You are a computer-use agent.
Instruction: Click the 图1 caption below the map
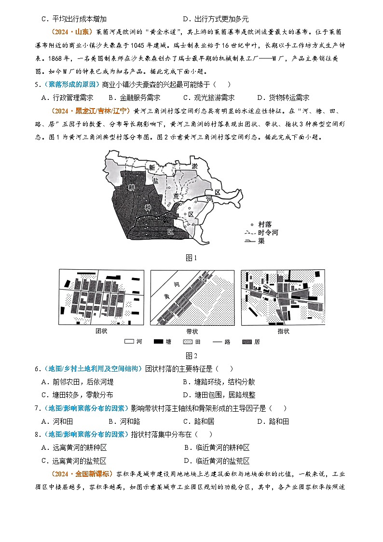pos(191,258)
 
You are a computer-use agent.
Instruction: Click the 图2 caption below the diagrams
pos(191,356)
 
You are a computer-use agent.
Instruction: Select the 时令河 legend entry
pos(268,233)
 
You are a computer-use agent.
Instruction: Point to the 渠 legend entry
pos(261,241)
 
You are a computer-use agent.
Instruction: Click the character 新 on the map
pos(152,168)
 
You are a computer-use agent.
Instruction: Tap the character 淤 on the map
pos(194,167)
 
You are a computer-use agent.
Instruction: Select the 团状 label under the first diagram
pos(101,331)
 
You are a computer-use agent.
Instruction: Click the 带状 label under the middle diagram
pos(191,331)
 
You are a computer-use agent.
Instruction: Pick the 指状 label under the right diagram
pos(283,331)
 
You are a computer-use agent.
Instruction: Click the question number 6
pos(37,369)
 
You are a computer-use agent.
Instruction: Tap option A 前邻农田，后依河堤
pos(77,382)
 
